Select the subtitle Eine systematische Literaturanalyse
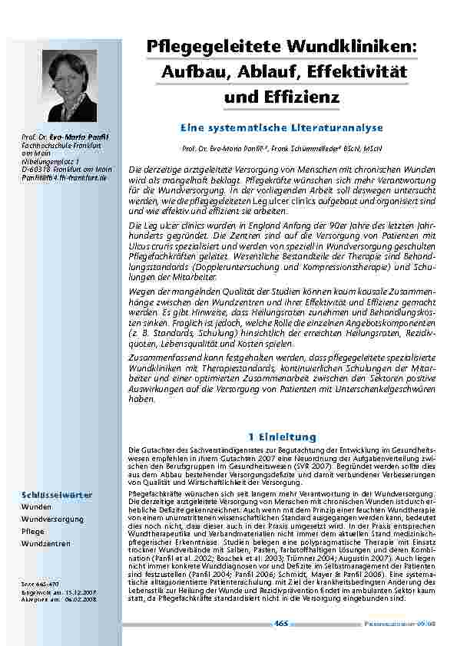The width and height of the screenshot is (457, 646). [283, 125]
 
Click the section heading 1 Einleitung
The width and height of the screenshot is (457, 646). [283, 437]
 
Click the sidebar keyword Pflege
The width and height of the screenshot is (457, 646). [34, 531]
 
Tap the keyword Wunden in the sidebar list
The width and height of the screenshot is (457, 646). [38, 507]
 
